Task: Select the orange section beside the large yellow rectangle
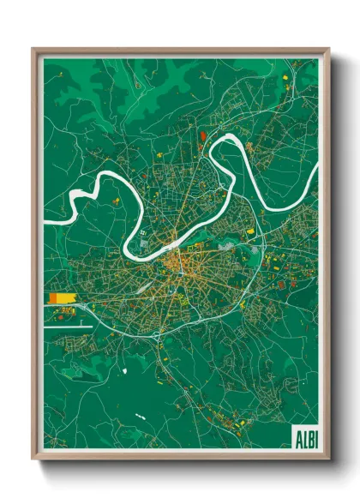click(53, 297)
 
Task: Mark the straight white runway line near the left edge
click(67, 327)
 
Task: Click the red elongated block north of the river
click(202, 135)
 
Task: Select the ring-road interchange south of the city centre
click(159, 336)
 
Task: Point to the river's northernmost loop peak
click(233, 136)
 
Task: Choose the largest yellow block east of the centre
click(251, 231)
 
